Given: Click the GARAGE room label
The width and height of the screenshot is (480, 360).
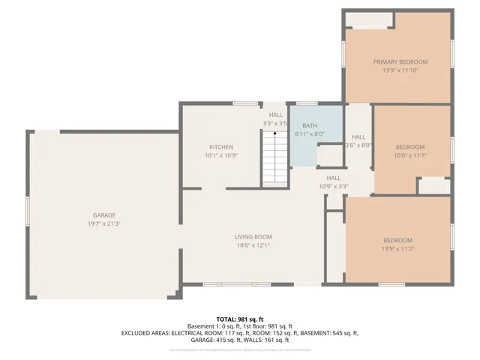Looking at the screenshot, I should [x=103, y=215].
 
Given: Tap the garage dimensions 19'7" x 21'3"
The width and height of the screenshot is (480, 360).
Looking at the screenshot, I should [x=103, y=223].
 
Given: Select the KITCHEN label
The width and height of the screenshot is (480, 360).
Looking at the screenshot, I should [x=220, y=147].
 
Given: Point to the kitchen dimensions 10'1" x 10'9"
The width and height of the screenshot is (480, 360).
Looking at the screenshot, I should [x=220, y=155].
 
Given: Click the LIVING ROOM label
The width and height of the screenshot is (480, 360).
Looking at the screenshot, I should [x=253, y=237].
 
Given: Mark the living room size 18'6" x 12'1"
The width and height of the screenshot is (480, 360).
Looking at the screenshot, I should [x=253, y=245].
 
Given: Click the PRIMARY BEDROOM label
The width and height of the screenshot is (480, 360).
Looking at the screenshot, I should [x=400, y=61].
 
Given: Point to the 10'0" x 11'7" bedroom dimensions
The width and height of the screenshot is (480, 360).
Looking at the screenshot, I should [x=409, y=155].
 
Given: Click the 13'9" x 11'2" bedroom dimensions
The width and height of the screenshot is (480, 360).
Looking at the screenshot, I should [x=397, y=248].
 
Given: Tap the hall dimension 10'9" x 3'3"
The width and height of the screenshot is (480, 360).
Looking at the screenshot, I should [x=334, y=186].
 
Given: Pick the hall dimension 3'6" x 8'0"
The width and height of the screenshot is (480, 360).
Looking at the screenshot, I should [x=358, y=145].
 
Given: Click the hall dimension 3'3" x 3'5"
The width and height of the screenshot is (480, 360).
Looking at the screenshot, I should [x=275, y=123].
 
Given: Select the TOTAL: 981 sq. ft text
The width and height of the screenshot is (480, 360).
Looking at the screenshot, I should [x=240, y=319].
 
